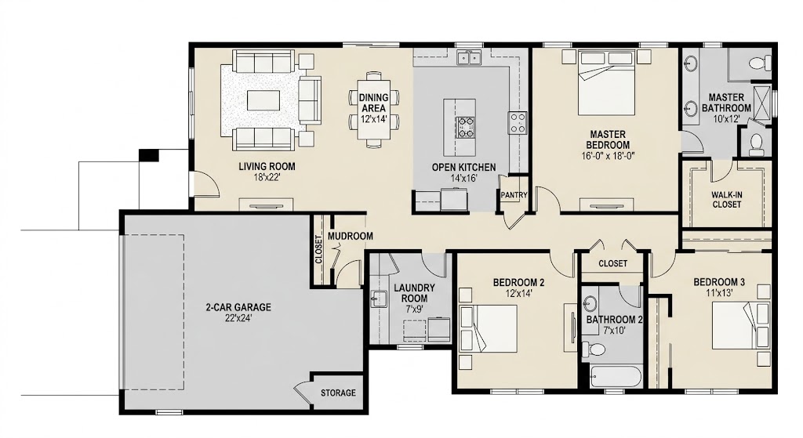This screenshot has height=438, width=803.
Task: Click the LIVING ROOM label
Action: coord(267,166)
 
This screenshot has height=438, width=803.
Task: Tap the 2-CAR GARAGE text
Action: coord(238,307)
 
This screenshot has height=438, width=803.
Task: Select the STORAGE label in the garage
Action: coord(338,393)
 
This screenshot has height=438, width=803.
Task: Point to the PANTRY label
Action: coord(514,195)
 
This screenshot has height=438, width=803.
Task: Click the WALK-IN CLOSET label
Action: coord(726,200)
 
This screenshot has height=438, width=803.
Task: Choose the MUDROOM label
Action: coord(351,237)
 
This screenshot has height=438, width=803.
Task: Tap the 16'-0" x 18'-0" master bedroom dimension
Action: coord(608,156)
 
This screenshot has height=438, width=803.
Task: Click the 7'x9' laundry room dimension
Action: coord(414,309)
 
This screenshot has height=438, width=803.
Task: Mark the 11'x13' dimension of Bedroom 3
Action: coord(719,293)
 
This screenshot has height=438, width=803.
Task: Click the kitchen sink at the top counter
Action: coord(469,57)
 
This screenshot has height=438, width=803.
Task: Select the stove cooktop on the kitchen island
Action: coord(466,128)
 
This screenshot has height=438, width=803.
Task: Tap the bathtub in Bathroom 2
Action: coord(615,377)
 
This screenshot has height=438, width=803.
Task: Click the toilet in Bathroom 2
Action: coord(594,349)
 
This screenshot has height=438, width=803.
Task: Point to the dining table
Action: coord(374,109)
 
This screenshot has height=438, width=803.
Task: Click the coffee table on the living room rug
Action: coord(263,100)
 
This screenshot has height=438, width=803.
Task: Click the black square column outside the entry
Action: coord(149,154)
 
